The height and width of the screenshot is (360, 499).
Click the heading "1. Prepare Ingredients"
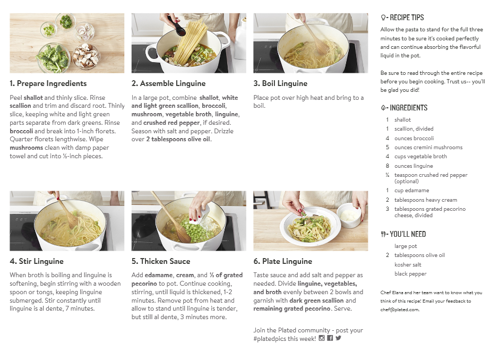(48, 83)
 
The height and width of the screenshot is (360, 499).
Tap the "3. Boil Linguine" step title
(280, 83)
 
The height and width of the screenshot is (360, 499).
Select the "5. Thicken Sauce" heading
(161, 261)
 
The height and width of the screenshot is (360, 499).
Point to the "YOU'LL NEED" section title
(408, 234)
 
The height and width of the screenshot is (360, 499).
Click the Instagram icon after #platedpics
(322, 338)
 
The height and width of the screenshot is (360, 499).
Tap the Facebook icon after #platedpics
(330, 338)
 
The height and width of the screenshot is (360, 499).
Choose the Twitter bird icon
(338, 338)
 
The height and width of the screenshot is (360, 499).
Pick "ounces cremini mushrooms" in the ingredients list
(428, 148)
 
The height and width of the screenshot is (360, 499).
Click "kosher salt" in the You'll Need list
(408, 264)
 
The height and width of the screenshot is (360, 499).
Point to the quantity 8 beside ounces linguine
(388, 166)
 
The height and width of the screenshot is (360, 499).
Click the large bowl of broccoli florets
(53, 58)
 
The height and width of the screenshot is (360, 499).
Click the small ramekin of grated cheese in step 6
(349, 216)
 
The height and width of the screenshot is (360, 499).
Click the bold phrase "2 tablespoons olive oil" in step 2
(178, 140)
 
